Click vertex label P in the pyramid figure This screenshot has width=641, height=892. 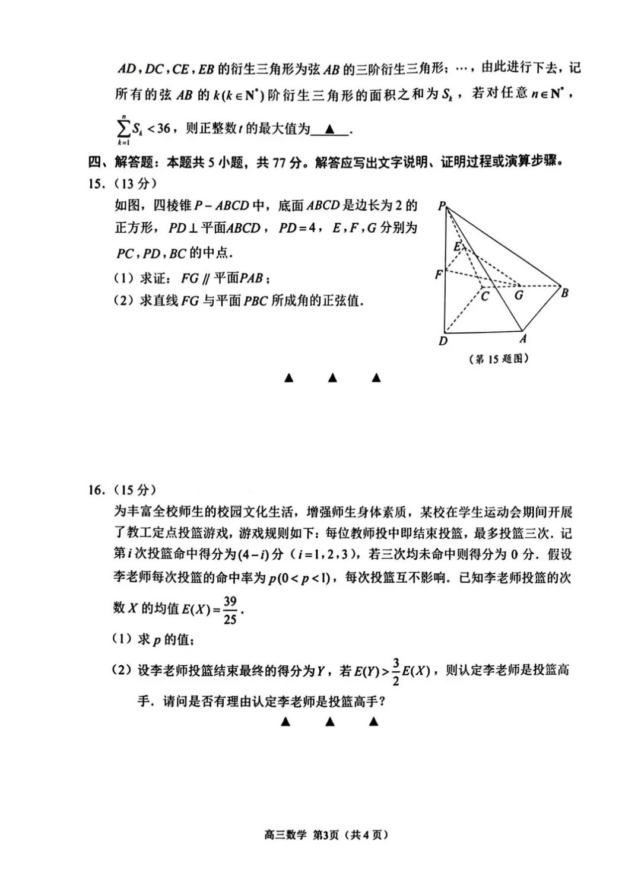(x=441, y=206)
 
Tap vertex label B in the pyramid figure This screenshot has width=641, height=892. (x=565, y=293)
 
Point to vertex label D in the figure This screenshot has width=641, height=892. (x=443, y=341)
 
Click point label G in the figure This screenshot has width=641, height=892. (x=519, y=295)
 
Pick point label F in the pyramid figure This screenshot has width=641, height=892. (x=439, y=274)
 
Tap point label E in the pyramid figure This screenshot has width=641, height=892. (x=457, y=246)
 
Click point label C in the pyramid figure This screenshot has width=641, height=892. (x=484, y=296)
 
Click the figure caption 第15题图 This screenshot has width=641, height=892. (x=499, y=358)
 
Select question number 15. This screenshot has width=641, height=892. (x=96, y=183)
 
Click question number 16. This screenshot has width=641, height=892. (x=96, y=490)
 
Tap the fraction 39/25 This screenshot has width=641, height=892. (x=230, y=610)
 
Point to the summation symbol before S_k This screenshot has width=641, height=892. (x=123, y=129)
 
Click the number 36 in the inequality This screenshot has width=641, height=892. (x=163, y=128)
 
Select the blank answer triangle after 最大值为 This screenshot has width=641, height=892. (x=330, y=129)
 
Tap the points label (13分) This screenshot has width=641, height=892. (x=135, y=183)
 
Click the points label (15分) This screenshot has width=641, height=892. (x=135, y=490)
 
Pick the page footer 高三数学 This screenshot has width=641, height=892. (x=285, y=834)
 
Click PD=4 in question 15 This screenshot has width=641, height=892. (x=297, y=228)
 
